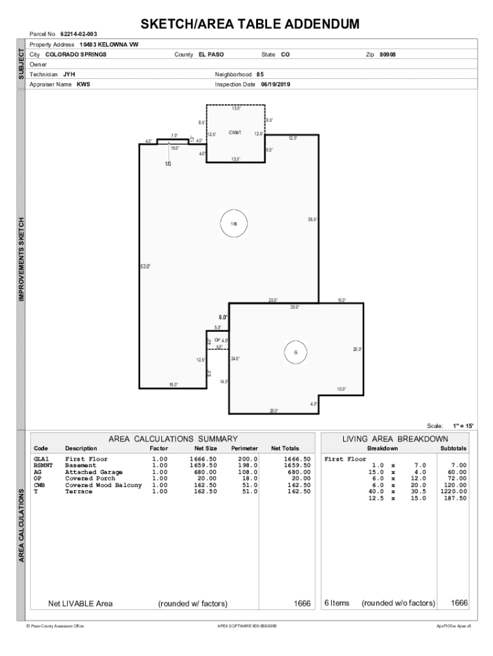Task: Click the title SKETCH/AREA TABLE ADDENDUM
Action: point(250,24)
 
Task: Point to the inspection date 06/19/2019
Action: point(275,84)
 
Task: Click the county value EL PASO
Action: point(211,54)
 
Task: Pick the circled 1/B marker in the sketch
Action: point(234,224)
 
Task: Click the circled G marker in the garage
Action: point(296,352)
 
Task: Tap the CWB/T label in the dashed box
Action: point(235,133)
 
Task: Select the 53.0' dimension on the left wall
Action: point(145,266)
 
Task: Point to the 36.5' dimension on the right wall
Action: point(312,219)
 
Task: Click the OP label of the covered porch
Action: point(218,340)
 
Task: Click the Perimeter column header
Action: point(244,448)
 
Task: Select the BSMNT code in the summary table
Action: point(44,466)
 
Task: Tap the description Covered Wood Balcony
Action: point(103,485)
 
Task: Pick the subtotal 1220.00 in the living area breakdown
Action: point(453,491)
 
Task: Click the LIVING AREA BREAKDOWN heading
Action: point(395,439)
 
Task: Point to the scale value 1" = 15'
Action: point(463,425)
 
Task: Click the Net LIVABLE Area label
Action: point(81,603)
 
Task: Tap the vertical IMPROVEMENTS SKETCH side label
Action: point(22,259)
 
